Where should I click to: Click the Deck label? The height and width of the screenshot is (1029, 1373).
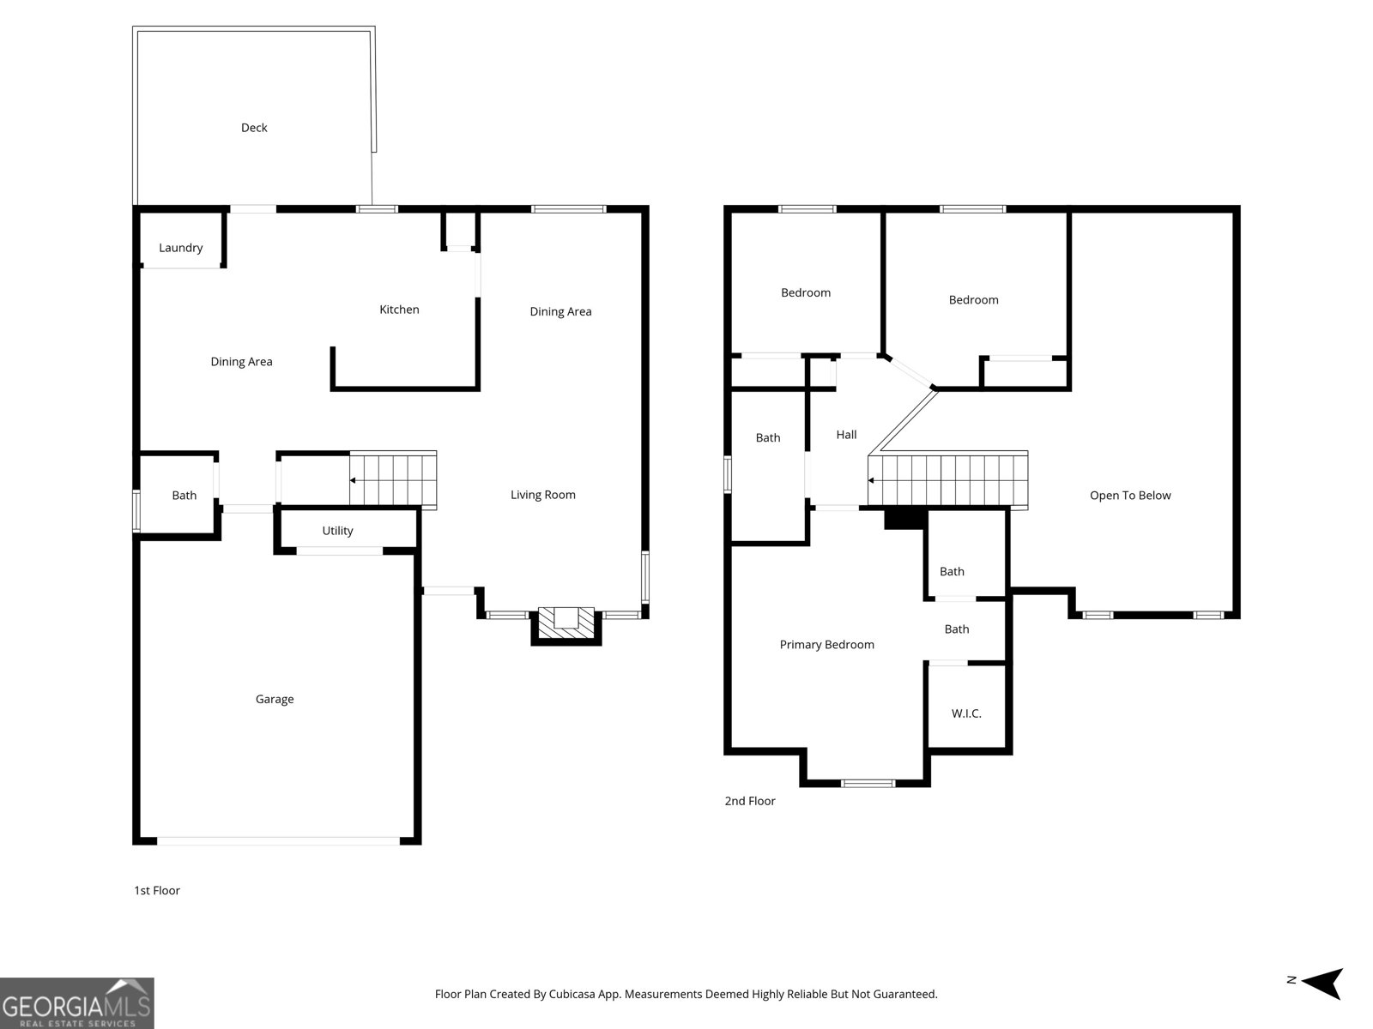pyautogui.click(x=254, y=128)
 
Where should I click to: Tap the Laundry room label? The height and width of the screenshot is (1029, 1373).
pyautogui.click(x=181, y=248)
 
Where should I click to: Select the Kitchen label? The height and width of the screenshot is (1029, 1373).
pyautogui.click(x=399, y=310)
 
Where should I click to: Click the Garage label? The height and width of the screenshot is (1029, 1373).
pyautogui.click(x=275, y=699)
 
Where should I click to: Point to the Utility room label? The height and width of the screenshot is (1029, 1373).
pyautogui.click(x=337, y=531)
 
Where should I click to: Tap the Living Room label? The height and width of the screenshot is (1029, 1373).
pyautogui.click(x=542, y=495)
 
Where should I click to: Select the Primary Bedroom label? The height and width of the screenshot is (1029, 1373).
pyautogui.click(x=826, y=645)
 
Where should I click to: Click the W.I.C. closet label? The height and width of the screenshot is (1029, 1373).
pyautogui.click(x=966, y=713)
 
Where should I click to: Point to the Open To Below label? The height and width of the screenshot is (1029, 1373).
pyautogui.click(x=1129, y=496)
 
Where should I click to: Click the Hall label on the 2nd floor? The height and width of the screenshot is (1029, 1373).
pyautogui.click(x=846, y=435)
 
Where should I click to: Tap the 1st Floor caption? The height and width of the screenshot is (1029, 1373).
pyautogui.click(x=157, y=890)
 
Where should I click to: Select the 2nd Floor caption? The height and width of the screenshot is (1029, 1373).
pyautogui.click(x=749, y=801)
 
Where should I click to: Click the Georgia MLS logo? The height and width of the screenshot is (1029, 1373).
pyautogui.click(x=77, y=1003)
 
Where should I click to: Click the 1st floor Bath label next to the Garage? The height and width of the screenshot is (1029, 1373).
pyautogui.click(x=184, y=496)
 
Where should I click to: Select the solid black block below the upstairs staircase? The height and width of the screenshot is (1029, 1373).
pyautogui.click(x=904, y=518)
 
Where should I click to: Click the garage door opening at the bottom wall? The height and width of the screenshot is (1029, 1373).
pyautogui.click(x=278, y=841)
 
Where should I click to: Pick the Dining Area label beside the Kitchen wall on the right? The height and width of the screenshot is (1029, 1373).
pyautogui.click(x=560, y=311)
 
